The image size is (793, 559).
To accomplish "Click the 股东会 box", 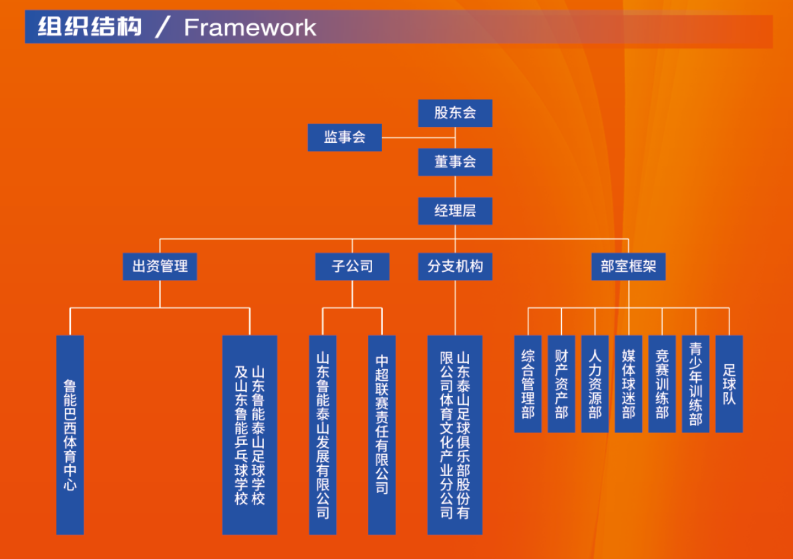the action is (x=455, y=113).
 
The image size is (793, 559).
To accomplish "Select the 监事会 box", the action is (x=345, y=137).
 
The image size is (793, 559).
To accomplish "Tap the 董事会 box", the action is (x=455, y=162).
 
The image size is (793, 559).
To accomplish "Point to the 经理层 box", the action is (x=455, y=211).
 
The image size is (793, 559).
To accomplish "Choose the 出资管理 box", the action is (x=160, y=266).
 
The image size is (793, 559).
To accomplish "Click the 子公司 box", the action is (x=352, y=266).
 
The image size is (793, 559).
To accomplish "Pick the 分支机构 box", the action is (x=455, y=266).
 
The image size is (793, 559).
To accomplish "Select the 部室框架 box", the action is (x=629, y=266).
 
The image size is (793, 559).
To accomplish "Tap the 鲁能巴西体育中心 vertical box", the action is (x=69, y=435).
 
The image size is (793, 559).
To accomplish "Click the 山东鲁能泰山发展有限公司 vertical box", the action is (x=323, y=435).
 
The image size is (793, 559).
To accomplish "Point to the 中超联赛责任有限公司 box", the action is (x=382, y=435).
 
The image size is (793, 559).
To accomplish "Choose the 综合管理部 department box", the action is (x=528, y=383).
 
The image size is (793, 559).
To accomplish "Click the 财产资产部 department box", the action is (x=561, y=383).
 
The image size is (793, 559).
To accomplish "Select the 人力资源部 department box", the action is (x=595, y=383).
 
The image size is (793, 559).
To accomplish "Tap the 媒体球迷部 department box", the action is (x=629, y=383).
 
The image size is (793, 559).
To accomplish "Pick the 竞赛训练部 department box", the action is (x=662, y=383).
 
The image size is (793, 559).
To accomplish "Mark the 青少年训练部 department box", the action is (x=695, y=383).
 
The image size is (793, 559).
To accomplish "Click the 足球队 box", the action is (x=730, y=383).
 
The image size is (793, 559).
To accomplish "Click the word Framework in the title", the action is (x=250, y=27).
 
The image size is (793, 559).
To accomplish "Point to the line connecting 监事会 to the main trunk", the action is (x=419, y=138).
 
